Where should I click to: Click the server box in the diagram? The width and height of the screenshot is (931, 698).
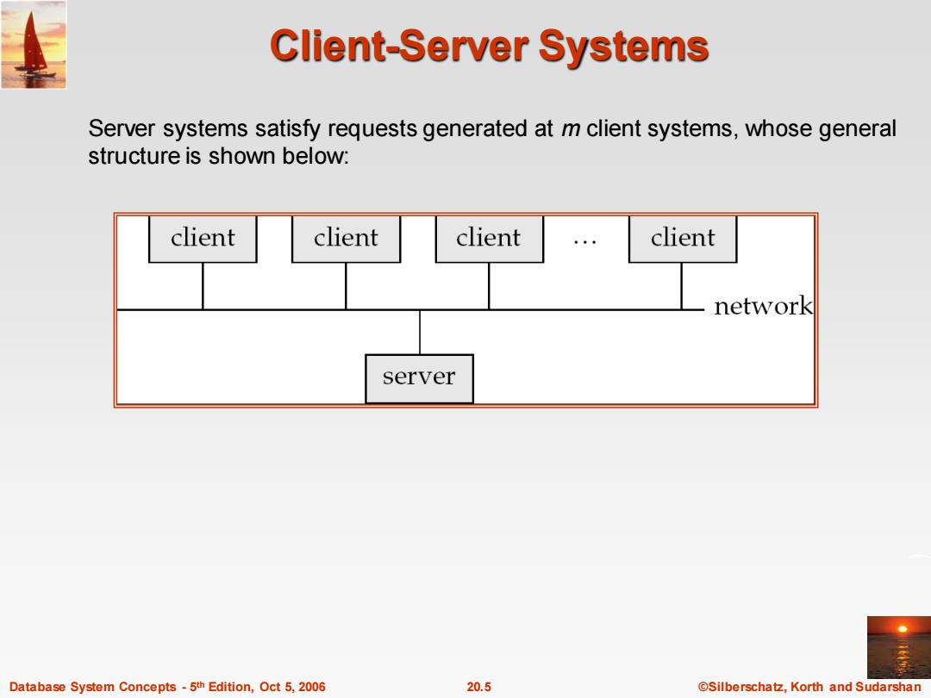(419, 378)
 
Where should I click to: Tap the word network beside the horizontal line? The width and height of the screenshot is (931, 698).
(763, 306)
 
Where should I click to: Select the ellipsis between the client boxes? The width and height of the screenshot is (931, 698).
(584, 241)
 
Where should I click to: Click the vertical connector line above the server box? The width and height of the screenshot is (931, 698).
(420, 332)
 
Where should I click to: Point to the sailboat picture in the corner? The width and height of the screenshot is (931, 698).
(34, 45)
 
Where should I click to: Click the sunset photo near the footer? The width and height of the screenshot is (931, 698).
(899, 647)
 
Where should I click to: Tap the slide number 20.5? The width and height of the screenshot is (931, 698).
(478, 687)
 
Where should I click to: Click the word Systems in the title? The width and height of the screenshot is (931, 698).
(623, 47)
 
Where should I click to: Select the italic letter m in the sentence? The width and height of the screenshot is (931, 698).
(571, 128)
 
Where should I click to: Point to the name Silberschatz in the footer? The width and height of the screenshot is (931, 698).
(747, 687)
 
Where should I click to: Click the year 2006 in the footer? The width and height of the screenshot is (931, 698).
(312, 687)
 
